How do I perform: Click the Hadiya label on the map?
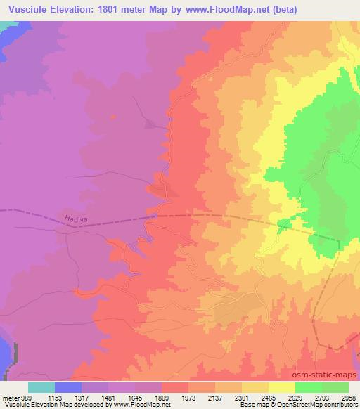[x=74, y=219]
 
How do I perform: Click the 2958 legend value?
[x=349, y=397]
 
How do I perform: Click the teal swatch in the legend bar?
[x=41, y=387]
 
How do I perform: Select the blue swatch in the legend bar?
[x=68, y=387]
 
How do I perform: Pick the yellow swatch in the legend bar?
[x=281, y=387]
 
